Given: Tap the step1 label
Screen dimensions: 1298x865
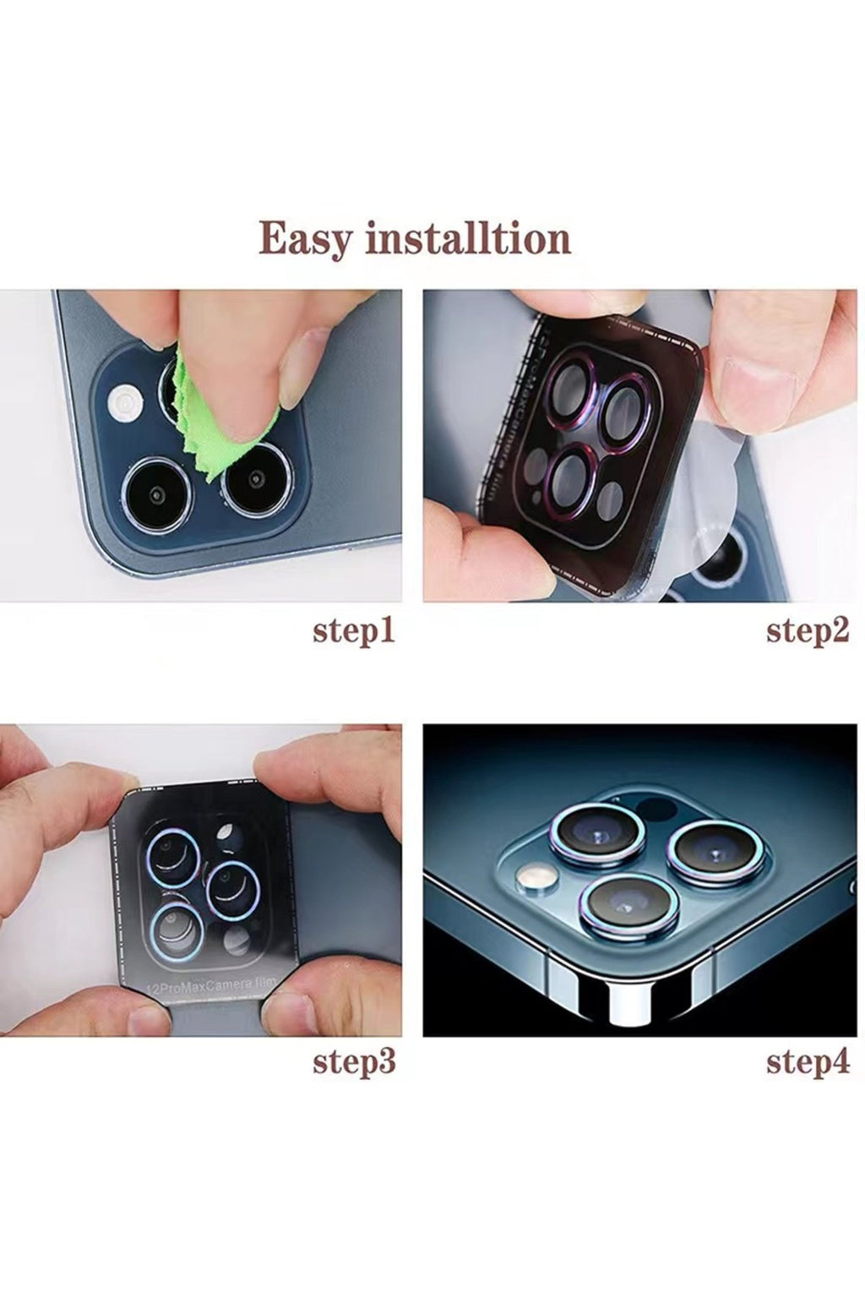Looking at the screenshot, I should [354, 631].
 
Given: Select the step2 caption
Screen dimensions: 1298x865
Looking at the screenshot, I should [808, 631].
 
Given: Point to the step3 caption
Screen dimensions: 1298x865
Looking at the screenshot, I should [354, 1062].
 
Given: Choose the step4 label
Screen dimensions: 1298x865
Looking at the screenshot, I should [808, 1062].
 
